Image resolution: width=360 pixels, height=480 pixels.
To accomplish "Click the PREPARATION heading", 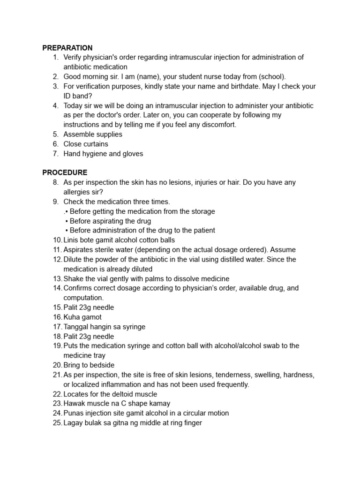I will pos(67,48).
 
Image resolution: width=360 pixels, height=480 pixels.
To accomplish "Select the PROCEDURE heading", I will pos(65,172).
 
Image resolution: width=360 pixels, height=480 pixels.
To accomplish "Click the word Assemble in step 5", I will pos(79,134).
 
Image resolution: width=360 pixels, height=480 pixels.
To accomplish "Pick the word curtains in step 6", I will pos(96,144).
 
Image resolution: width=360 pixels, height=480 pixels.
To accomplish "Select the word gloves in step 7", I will pos(133,153).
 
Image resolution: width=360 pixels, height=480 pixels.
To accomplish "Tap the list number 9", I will pos(55,202).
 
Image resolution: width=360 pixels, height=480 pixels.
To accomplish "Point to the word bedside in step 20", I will pos(102,365).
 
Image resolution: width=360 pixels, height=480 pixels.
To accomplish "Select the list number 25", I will pos(56,423).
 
